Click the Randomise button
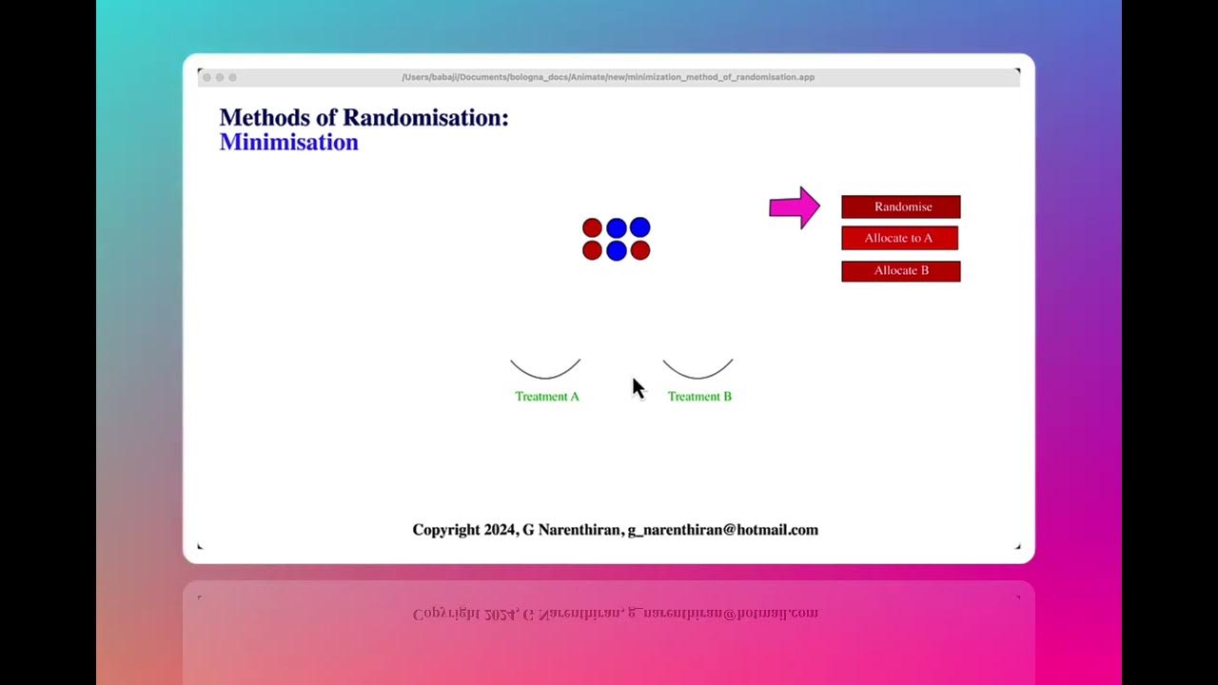pyautogui.click(x=900, y=206)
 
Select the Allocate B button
pyautogui.click(x=900, y=271)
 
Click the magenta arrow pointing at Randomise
pyautogui.click(x=794, y=207)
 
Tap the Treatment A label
pyautogui.click(x=547, y=397)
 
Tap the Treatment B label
pyautogui.click(x=699, y=397)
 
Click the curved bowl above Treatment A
pyautogui.click(x=545, y=372)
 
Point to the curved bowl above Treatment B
pyautogui.click(x=697, y=372)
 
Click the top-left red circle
pyautogui.click(x=592, y=228)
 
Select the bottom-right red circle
pyautogui.click(x=640, y=250)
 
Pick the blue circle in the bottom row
pyautogui.click(x=616, y=251)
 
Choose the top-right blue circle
pyautogui.click(x=639, y=227)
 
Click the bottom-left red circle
pyautogui.click(x=592, y=250)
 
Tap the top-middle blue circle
pyautogui.click(x=616, y=228)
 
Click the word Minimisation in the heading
pyautogui.click(x=288, y=143)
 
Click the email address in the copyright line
pyautogui.click(x=722, y=530)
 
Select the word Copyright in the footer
pyautogui.click(x=446, y=530)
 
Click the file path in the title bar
pyautogui.click(x=608, y=77)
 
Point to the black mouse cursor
pyautogui.click(x=638, y=387)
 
